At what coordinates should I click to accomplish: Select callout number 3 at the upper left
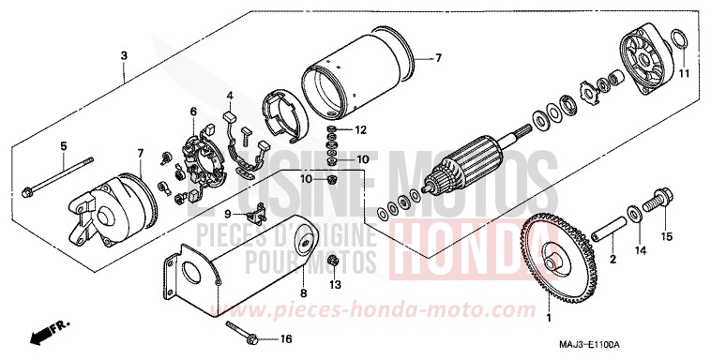124,56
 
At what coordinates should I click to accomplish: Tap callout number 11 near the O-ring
685,73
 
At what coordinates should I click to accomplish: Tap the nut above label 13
334,260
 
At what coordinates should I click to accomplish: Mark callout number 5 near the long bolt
64,145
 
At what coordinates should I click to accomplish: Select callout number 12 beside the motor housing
360,128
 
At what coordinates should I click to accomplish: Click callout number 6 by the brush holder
193,112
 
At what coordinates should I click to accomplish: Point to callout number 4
228,96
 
